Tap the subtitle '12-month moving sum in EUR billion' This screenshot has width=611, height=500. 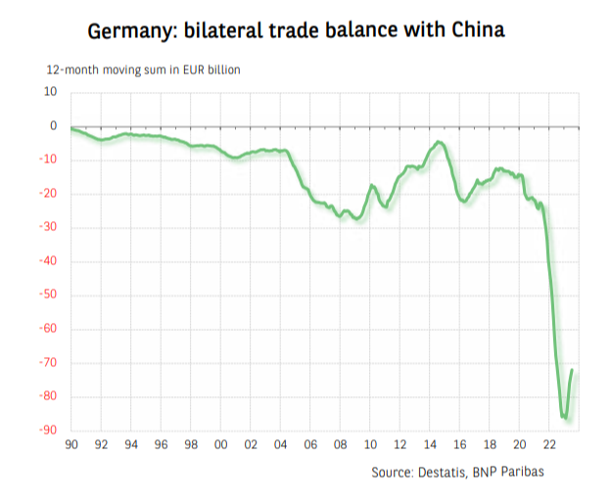(143, 70)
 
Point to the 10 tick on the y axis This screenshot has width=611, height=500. (50, 92)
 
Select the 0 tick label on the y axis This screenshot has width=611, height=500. (53, 126)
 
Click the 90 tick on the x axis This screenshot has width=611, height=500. (71, 445)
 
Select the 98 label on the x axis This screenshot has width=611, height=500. (191, 445)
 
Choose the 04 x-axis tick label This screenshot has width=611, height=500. (281, 445)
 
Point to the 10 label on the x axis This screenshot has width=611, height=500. (371, 445)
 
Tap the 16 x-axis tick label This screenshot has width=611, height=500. (460, 445)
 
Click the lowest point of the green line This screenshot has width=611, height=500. (565, 419)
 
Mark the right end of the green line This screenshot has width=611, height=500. (573, 370)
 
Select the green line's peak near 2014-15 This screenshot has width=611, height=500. (440, 143)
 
